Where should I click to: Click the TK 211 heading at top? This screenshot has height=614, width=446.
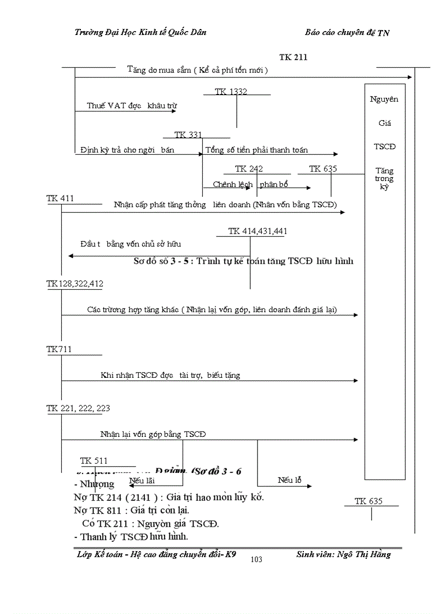pos(293,57)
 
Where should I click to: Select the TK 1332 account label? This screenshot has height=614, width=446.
pos(231,92)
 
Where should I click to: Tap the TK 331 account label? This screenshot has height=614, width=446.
pos(188,135)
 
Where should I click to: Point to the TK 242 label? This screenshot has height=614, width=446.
pos(249,169)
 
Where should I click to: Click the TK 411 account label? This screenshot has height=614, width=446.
pos(60,198)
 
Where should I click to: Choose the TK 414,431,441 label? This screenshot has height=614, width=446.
pos(257,231)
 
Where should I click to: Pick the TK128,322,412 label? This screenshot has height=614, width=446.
pos(75,283)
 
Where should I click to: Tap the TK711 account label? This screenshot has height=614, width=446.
pos(59,349)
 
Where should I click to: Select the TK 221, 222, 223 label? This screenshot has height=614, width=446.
pos(79,408)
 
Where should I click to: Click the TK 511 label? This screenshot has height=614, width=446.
pos(94,460)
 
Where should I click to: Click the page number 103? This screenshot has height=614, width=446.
pos(256,559)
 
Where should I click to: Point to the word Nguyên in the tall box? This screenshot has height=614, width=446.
pos(384,100)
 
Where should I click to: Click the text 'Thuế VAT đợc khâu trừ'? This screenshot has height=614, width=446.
pos(131,106)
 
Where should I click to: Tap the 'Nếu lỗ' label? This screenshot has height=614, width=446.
pos(289,481)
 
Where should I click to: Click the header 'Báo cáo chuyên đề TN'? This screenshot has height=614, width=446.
pos(347,33)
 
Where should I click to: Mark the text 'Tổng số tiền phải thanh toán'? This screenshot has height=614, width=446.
pos(256,150)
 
